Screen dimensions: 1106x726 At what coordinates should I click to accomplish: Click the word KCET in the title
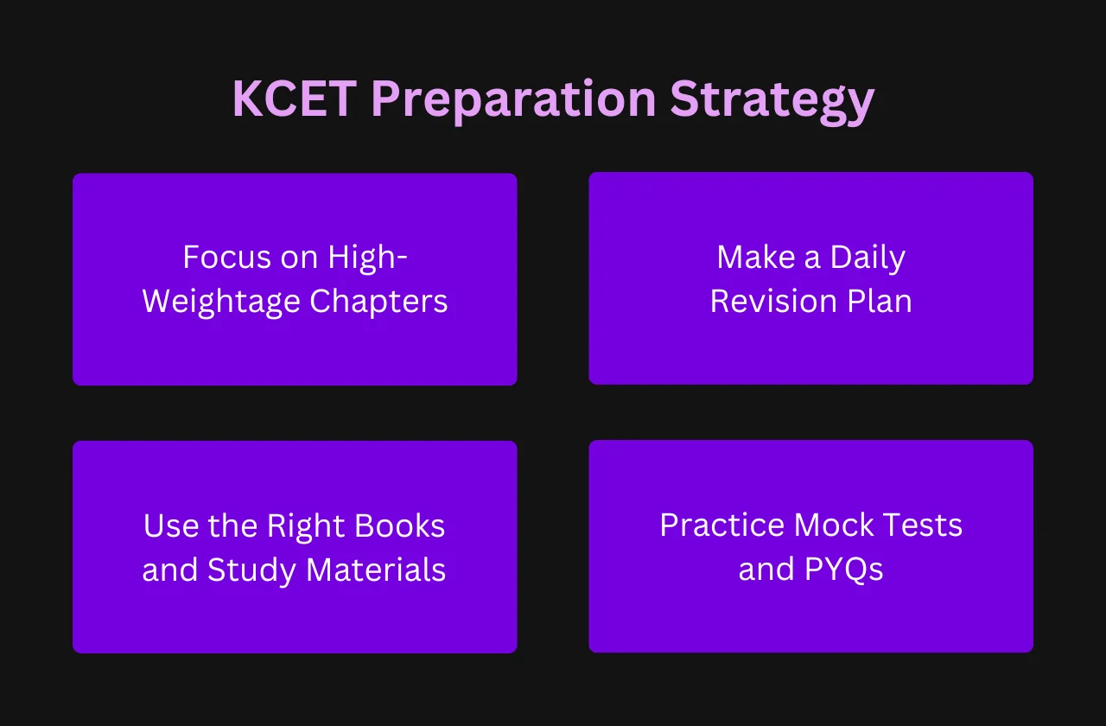(x=295, y=99)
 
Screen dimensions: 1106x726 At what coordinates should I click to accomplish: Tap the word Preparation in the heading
(x=513, y=101)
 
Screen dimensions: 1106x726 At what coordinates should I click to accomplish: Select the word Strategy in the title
(x=772, y=102)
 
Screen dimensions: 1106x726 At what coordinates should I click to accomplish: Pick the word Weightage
(x=221, y=302)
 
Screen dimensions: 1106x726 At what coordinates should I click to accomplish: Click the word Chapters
(x=378, y=301)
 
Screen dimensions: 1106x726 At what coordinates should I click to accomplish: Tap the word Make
(x=756, y=257)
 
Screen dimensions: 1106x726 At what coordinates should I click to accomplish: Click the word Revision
(x=773, y=302)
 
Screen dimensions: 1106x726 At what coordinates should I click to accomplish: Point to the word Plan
(x=880, y=301)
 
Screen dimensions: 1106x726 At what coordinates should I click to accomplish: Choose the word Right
(x=305, y=527)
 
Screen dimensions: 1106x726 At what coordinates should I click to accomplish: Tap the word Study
(x=251, y=571)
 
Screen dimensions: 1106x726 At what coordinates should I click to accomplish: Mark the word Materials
(x=376, y=570)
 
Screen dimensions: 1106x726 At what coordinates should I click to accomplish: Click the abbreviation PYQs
(x=844, y=570)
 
